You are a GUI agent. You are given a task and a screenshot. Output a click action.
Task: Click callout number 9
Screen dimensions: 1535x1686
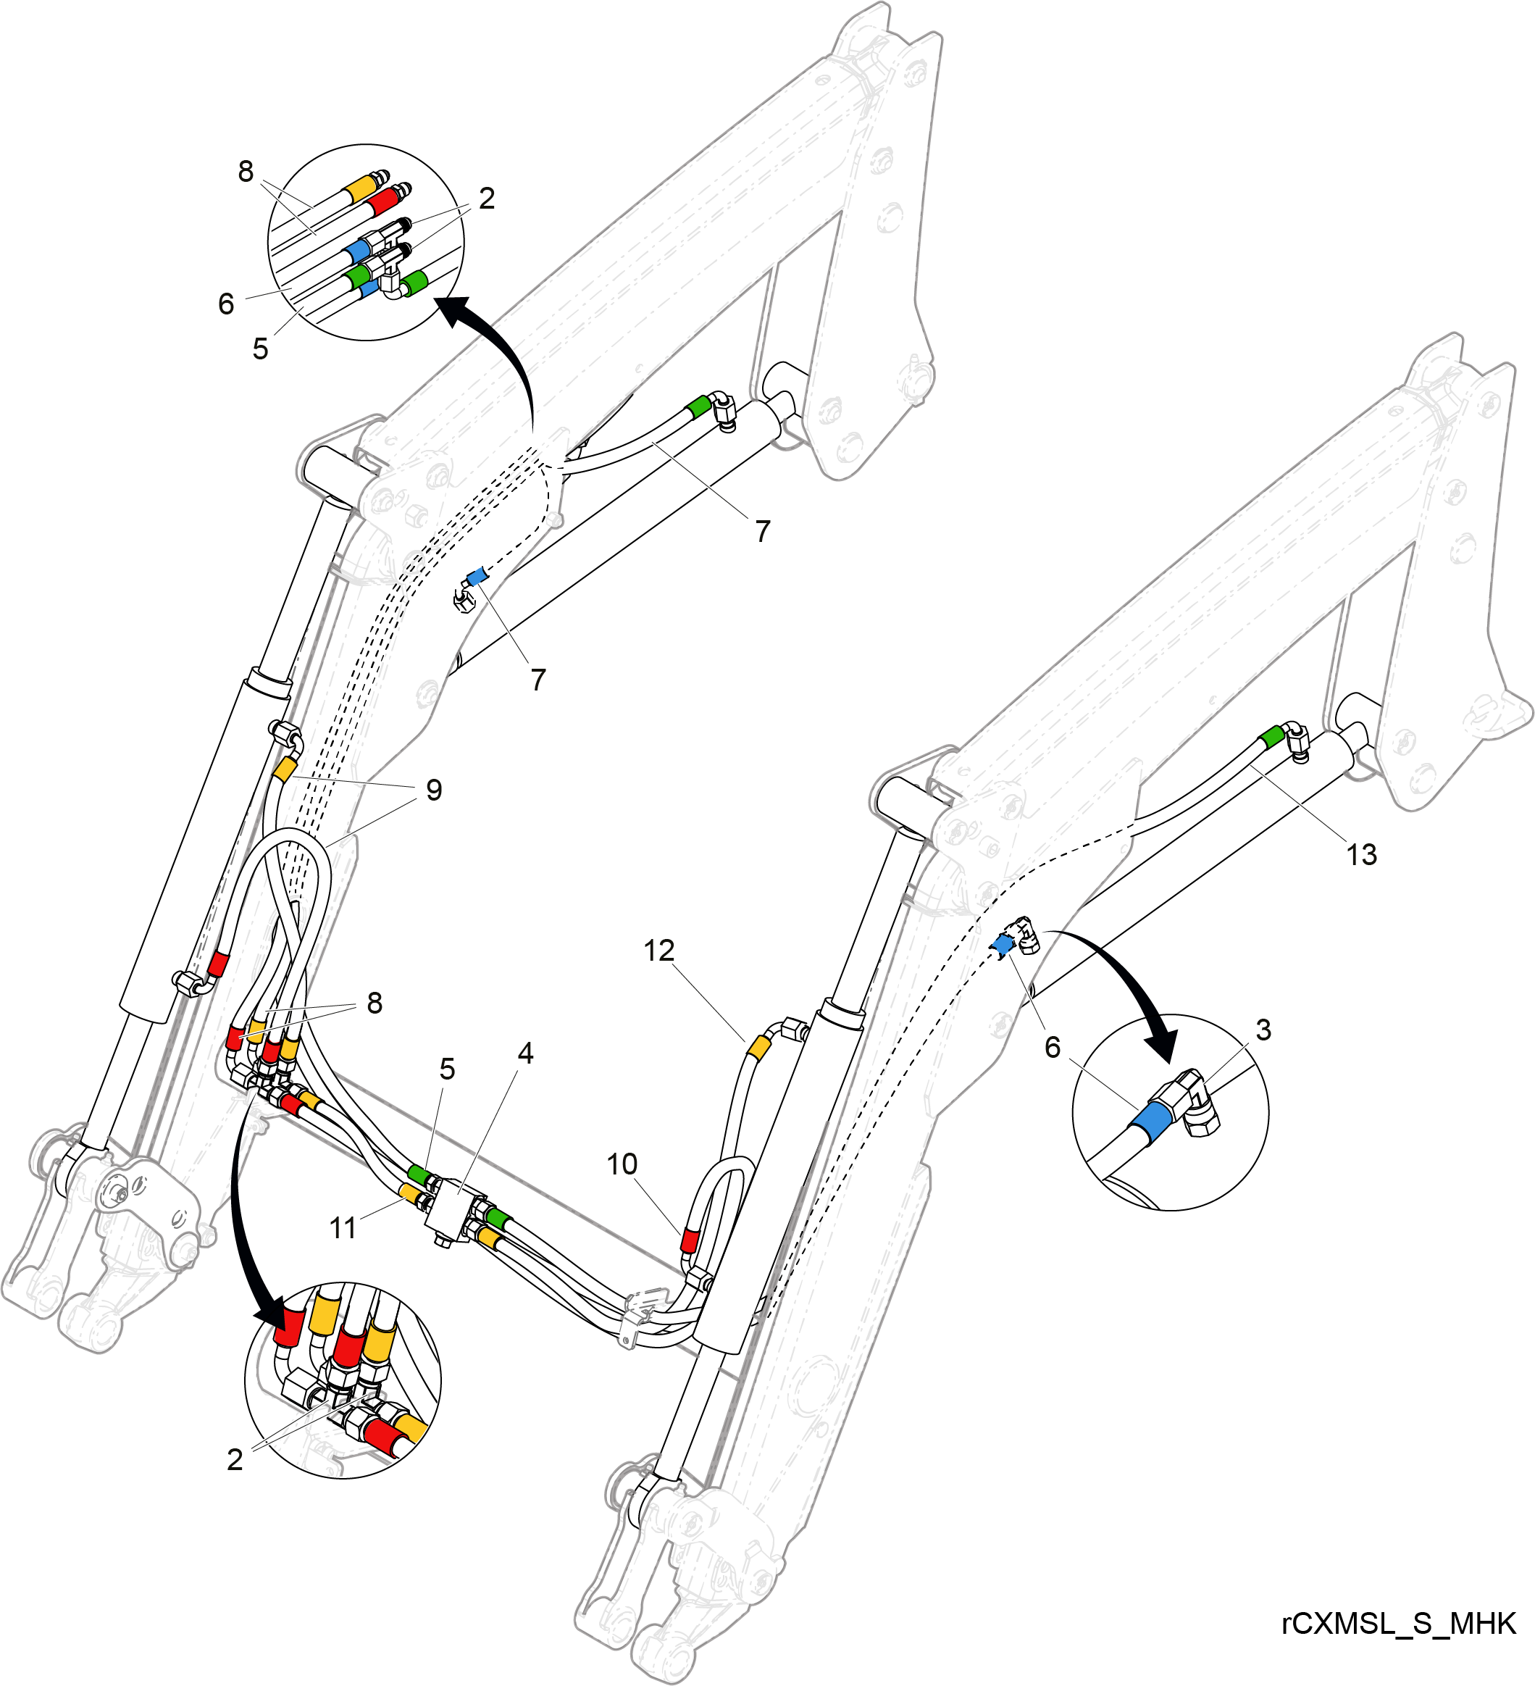[434, 790]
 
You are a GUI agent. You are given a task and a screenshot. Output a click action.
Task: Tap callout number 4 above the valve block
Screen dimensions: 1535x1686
[525, 1053]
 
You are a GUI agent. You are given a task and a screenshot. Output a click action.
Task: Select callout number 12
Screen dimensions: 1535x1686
[658, 951]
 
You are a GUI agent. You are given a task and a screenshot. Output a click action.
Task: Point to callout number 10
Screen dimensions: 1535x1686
[622, 1164]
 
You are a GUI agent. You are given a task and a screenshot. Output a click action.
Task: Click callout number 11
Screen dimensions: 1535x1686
[343, 1229]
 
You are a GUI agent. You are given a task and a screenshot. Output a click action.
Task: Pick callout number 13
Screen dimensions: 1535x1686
[1361, 855]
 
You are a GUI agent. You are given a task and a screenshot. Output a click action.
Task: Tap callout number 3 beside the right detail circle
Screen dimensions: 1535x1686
[1263, 1030]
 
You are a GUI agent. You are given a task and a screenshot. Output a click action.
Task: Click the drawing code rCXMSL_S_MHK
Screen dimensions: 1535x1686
[1399, 1623]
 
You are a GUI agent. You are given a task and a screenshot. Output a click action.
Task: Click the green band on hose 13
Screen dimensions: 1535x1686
[1271, 737]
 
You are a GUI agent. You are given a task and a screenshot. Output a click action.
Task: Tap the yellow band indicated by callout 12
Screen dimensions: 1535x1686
[758, 1047]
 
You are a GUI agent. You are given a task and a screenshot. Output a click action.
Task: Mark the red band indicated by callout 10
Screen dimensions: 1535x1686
[689, 1240]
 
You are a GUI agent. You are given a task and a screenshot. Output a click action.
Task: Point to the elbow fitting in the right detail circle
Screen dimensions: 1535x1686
[1195, 1103]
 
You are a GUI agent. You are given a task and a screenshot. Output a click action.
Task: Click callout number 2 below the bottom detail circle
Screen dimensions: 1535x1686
[235, 1460]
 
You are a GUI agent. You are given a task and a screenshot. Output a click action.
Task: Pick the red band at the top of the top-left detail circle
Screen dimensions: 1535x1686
[385, 201]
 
